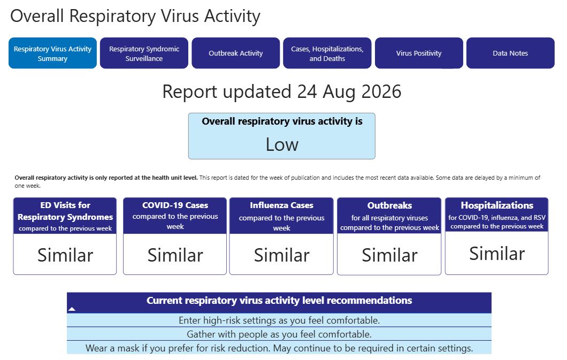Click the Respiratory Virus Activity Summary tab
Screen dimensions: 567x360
[52, 53]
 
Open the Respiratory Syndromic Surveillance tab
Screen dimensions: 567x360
[144, 53]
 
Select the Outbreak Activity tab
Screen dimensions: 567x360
[235, 53]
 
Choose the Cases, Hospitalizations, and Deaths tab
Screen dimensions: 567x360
[327, 53]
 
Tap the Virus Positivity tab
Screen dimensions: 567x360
[419, 53]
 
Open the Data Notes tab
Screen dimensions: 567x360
[510, 53]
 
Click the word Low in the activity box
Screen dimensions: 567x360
[282, 144]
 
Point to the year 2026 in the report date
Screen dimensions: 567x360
[381, 91]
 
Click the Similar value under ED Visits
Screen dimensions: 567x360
[65, 255]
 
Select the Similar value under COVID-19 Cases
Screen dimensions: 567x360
[175, 255]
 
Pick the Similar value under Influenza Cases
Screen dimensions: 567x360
[281, 255]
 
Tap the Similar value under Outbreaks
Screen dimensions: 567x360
[389, 255]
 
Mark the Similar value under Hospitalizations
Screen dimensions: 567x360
[497, 254]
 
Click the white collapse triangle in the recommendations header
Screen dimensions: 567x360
[72, 309]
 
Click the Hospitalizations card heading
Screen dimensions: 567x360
[497, 205]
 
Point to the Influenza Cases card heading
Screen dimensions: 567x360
[281, 205]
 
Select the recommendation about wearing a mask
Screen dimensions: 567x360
[279, 348]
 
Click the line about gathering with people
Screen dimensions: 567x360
[279, 334]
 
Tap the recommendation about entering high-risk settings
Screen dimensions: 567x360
[279, 320]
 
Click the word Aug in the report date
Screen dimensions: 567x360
[339, 92]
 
